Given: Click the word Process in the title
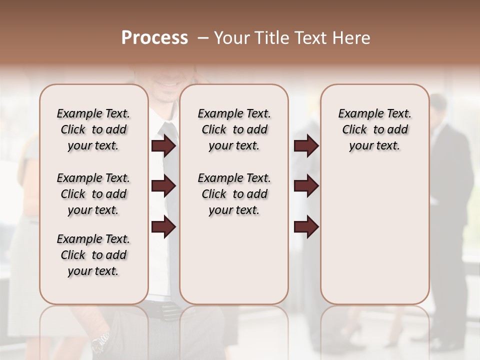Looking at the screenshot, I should [x=154, y=38].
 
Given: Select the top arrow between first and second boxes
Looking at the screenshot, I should [x=163, y=146].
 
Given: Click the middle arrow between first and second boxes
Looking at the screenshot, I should [x=163, y=186].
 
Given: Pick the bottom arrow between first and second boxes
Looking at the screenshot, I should [x=163, y=227].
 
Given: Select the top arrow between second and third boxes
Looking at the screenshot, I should [x=306, y=146].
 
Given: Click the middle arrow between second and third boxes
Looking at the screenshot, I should [x=306, y=186].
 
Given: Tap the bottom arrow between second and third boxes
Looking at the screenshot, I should [x=306, y=227].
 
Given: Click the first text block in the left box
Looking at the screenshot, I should [x=93, y=129].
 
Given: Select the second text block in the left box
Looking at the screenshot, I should [x=93, y=194].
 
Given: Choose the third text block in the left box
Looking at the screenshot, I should [x=93, y=255].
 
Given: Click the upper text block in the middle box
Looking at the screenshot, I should [x=234, y=129].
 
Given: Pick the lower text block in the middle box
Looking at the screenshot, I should [x=234, y=194].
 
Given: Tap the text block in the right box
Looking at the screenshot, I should [x=374, y=129].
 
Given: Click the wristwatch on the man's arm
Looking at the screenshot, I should [x=100, y=341].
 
